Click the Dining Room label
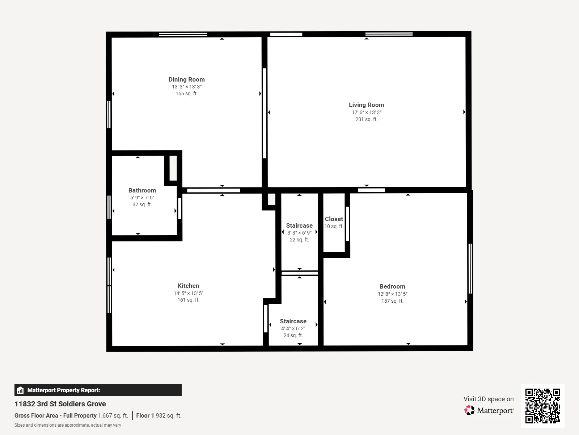pyautogui.click(x=186, y=79)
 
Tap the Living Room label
pyautogui.click(x=366, y=105)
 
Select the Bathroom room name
pyautogui.click(x=142, y=190)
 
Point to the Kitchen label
pyautogui.click(x=188, y=286)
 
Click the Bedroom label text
pyautogui.click(x=392, y=287)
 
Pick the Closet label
pyautogui.click(x=334, y=219)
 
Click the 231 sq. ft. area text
pyautogui.click(x=366, y=119)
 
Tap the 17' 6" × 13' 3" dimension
pyautogui.click(x=366, y=112)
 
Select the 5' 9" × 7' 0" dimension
pyautogui.click(x=142, y=198)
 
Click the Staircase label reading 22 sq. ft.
pyautogui.click(x=299, y=225)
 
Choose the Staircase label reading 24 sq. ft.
pyautogui.click(x=293, y=321)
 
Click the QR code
pyautogui.click(x=542, y=406)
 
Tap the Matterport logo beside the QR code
pyautogui.click(x=489, y=410)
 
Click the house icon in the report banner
pyautogui.click(x=20, y=390)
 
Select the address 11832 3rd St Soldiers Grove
pyautogui.click(x=60, y=404)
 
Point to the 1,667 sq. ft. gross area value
pyautogui.click(x=113, y=415)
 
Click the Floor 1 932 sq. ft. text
pyautogui.click(x=159, y=415)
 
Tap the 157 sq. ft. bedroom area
pyautogui.click(x=392, y=301)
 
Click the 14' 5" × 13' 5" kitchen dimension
pyautogui.click(x=188, y=293)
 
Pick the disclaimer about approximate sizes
pyautogui.click(x=68, y=425)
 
